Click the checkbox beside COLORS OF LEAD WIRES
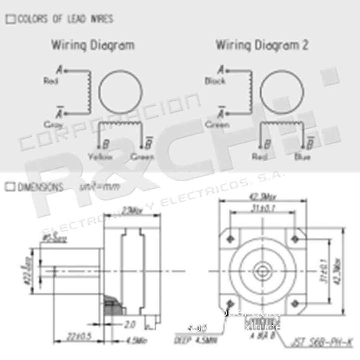[11, 20]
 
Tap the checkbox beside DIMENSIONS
[10, 187]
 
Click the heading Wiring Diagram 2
[262, 45]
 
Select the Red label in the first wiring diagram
[51, 81]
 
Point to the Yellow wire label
[101, 157]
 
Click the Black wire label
[215, 81]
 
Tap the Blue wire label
[302, 157]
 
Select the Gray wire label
[53, 125]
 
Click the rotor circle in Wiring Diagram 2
[282, 92]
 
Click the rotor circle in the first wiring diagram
[120, 92]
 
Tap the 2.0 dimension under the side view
[130, 325]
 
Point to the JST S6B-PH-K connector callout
[322, 342]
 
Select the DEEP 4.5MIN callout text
[196, 340]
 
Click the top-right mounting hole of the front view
[295, 239]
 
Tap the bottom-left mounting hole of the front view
[230, 303]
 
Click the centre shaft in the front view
[263, 271]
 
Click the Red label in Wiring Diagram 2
[260, 157]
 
